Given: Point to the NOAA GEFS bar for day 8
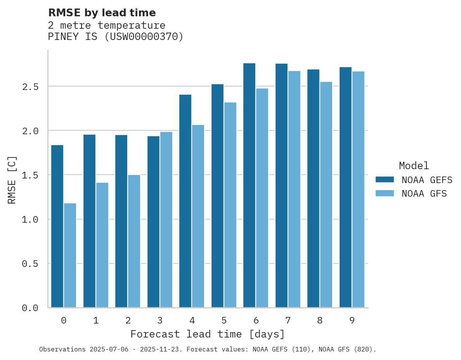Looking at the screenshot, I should (x=313, y=189).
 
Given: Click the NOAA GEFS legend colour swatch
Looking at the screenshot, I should (x=385, y=180).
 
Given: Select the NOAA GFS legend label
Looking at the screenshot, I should (x=424, y=194).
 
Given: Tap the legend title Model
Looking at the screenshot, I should (x=414, y=166).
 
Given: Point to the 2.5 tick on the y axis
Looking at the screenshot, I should (x=30, y=87).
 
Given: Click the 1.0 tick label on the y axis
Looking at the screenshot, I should (x=30, y=220).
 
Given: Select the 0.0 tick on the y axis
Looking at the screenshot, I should (x=30, y=308).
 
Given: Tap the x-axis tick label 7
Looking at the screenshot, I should (x=288, y=320).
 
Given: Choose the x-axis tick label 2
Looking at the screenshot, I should (x=128, y=320).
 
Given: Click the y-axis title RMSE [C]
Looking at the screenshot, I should (x=12, y=180).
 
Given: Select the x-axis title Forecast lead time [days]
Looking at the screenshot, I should (x=208, y=334).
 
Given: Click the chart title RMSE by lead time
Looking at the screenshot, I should (x=102, y=13).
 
